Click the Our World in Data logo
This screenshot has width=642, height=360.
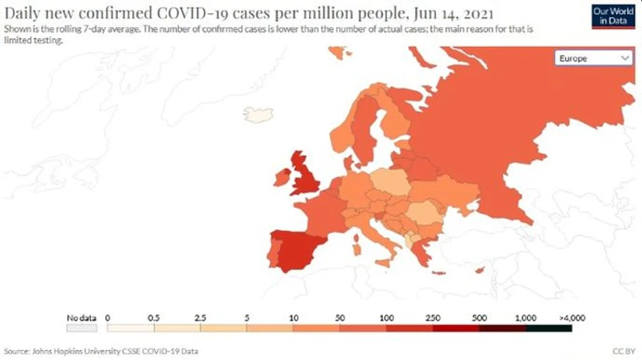point(613,16)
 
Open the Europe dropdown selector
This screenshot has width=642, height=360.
point(593,58)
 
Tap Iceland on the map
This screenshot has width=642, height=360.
point(258,114)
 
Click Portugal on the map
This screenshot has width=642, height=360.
point(272,252)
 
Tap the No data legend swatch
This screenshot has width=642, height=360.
point(81,328)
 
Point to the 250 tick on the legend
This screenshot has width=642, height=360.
point(432,317)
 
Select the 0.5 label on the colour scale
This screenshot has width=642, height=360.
point(153,317)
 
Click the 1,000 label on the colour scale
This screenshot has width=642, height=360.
point(526,317)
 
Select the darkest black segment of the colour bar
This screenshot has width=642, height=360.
point(549,328)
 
